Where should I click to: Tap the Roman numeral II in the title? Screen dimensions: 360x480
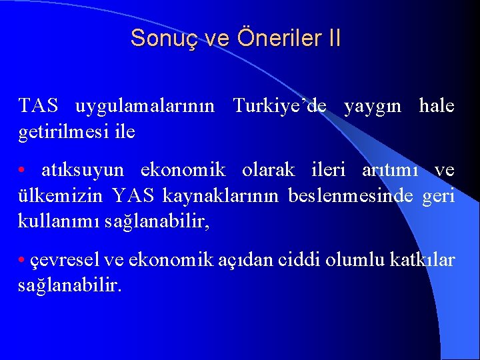pyautogui.click(x=333, y=38)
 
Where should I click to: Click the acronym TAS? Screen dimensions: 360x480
pyautogui.click(x=38, y=106)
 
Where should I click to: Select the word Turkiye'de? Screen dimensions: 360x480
pyautogui.click(x=280, y=106)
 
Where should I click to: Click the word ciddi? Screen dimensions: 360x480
pyautogui.click(x=297, y=260)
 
